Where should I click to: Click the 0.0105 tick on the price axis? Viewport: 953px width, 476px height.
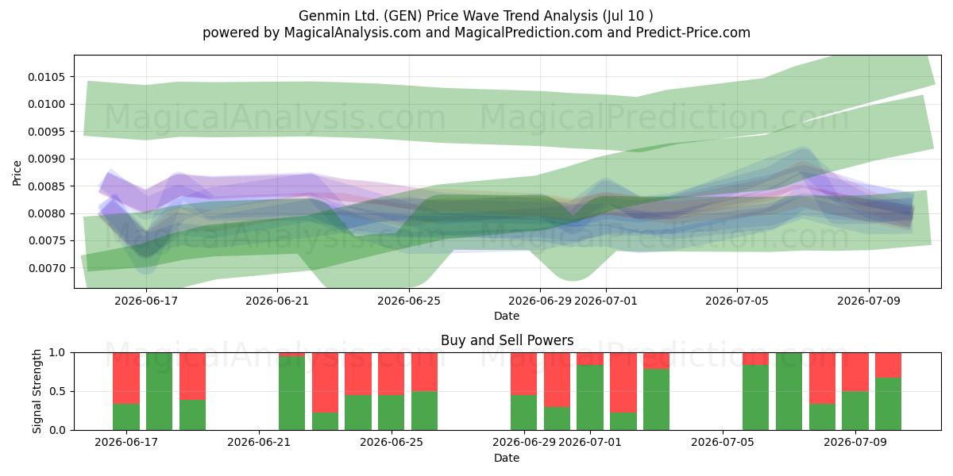[x=46, y=77]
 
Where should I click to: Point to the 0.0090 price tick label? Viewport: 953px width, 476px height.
[x=46, y=159]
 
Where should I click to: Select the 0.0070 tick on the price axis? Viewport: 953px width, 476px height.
[x=46, y=268]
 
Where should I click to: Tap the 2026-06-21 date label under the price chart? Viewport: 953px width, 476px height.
[x=277, y=301]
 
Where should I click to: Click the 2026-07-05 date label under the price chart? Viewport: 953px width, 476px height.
[x=737, y=301]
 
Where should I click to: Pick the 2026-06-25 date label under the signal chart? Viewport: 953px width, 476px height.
[x=392, y=442]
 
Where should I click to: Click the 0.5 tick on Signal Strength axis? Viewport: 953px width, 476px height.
[x=57, y=391]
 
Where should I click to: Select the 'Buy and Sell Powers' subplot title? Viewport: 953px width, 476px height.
[x=507, y=340]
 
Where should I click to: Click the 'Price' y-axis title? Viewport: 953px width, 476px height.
[x=17, y=173]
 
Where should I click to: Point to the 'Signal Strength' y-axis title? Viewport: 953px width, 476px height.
[x=37, y=391]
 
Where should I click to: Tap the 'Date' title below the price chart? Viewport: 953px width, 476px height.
[x=507, y=316]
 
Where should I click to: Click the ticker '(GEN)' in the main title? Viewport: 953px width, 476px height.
[x=403, y=16]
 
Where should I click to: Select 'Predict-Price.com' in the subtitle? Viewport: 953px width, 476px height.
[x=693, y=33]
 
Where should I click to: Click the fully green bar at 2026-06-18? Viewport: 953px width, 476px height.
[x=159, y=391]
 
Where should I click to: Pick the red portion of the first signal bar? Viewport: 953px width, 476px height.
[x=126, y=378]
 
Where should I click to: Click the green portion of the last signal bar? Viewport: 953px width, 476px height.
[x=888, y=404]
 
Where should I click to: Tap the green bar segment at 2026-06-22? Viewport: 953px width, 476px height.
[x=292, y=393]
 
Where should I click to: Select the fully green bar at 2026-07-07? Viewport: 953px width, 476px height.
[x=789, y=391]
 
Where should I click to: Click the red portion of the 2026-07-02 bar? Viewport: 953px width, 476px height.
[x=623, y=382]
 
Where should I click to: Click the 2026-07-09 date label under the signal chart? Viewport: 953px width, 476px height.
[x=855, y=442]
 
